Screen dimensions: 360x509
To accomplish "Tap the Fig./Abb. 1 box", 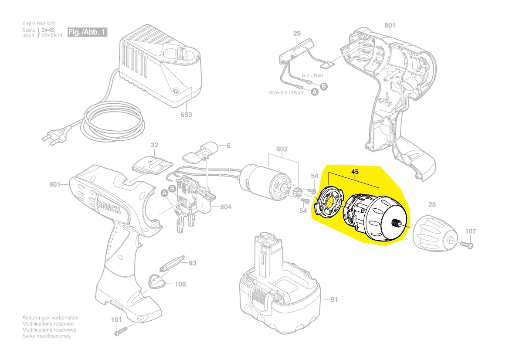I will coord(87,32).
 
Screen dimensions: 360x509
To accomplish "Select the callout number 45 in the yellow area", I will coord(355,172).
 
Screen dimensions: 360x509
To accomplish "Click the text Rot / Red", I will coord(312,75).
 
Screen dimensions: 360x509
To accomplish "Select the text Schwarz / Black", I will coord(286,93).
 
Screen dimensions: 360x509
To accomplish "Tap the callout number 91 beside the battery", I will coord(334,299).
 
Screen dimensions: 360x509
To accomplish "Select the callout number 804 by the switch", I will coord(225,207).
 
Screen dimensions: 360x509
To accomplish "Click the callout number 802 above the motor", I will coord(282,149).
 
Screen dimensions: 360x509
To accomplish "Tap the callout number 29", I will coord(297,34).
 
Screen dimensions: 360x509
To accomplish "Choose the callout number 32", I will coord(155,145).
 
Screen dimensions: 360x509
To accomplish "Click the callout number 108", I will coord(180,285).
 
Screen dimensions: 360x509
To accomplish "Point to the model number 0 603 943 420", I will coord(39,24).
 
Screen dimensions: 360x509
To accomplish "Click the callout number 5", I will coord(227,145).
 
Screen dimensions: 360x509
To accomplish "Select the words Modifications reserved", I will coord(48,324).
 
